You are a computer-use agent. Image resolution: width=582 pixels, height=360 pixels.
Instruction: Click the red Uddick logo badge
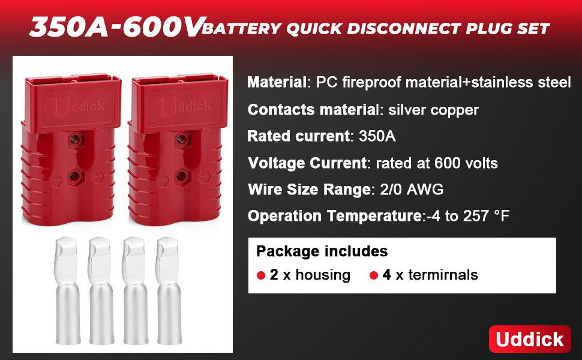click(530, 339)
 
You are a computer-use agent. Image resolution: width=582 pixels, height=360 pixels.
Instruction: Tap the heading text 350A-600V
click(116, 27)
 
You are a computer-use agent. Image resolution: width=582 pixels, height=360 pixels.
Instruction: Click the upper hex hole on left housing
click(76, 140)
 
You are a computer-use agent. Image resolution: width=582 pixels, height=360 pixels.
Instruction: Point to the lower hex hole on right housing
click(182, 176)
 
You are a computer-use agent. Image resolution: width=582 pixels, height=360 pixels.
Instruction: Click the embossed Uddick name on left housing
click(79, 107)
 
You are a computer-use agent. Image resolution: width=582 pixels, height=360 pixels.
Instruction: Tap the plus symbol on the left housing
click(98, 177)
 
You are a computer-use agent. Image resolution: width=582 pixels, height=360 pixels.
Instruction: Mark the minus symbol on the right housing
click(163, 181)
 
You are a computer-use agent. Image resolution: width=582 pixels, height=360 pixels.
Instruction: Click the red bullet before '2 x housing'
click(261, 275)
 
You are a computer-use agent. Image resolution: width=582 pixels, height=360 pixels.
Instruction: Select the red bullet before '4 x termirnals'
click(373, 275)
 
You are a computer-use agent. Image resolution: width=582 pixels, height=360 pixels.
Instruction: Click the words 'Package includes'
click(322, 251)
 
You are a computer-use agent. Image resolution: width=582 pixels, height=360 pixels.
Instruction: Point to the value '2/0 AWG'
click(412, 189)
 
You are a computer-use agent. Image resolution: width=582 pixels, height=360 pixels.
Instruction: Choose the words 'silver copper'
click(434, 110)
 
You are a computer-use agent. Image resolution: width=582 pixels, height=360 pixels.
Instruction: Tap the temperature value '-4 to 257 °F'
click(468, 216)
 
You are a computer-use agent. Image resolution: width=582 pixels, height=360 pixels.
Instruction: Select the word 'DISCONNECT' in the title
click(404, 29)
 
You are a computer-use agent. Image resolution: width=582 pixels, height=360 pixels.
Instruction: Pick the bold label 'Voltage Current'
click(307, 163)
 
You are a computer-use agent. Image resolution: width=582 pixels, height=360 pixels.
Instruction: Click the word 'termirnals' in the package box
click(443, 275)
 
